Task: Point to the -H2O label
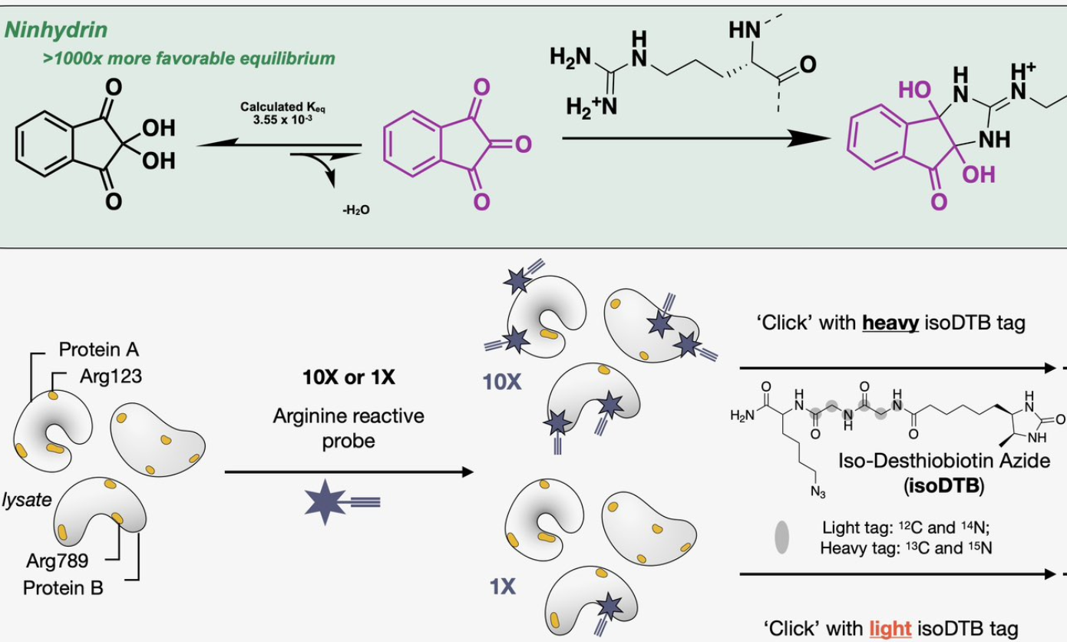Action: [x=355, y=210]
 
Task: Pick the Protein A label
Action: [x=99, y=350]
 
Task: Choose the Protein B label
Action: [x=63, y=588]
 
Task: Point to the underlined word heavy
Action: [x=887, y=323]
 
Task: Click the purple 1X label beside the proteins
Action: [x=502, y=588]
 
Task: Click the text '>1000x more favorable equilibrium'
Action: [x=189, y=58]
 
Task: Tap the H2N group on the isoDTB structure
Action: [x=742, y=415]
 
